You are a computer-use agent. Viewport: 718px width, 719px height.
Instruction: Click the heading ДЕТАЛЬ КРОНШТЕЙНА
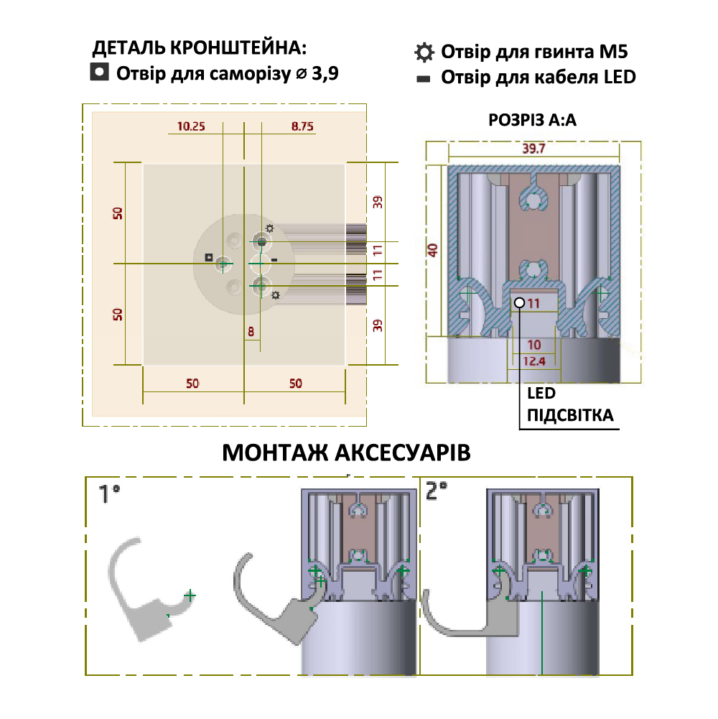pos(200,49)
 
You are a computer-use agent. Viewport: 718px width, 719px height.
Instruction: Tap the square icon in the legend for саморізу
pos(99,72)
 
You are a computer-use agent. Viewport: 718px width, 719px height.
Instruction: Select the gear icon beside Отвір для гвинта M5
pos(424,52)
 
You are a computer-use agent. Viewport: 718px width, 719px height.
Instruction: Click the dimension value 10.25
pos(191,126)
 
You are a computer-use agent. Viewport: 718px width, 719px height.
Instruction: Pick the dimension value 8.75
pos(302,126)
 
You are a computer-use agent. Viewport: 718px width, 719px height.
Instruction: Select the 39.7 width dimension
pos(534,149)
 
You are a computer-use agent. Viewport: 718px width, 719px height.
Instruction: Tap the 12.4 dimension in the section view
pos(534,360)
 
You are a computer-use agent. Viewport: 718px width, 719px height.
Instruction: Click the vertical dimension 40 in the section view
pos(432,251)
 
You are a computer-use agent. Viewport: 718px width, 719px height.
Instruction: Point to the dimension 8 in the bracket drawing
pos(251,331)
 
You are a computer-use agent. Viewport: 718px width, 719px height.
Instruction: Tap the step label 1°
pos(109,493)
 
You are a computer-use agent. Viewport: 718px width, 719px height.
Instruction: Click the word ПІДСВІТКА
pos(570,415)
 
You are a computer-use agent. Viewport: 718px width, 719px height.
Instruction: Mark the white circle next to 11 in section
pos(519,303)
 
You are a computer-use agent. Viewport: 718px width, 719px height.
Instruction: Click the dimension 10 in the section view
pos(534,344)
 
